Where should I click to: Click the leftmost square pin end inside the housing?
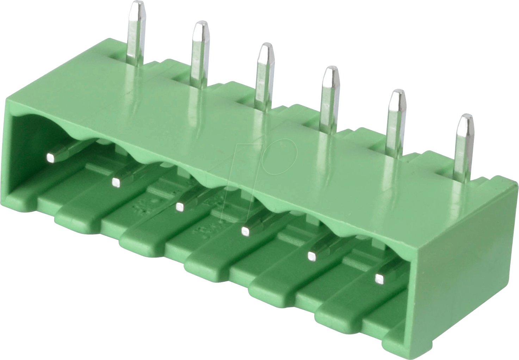point(51,158)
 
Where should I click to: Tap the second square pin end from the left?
point(115,182)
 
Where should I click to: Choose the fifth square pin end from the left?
point(311,256)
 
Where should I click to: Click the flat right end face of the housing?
point(465,268)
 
